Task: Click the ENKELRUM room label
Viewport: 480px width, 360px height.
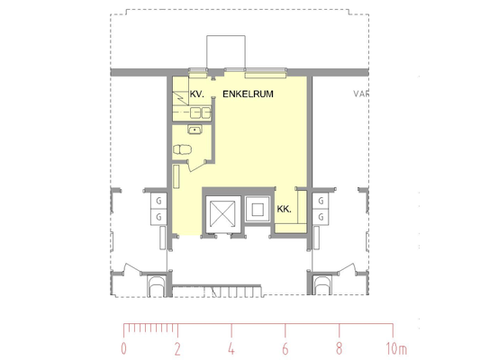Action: pyautogui.click(x=248, y=94)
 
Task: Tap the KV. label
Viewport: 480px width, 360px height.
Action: pyautogui.click(x=197, y=94)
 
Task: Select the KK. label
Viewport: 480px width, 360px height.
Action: pyautogui.click(x=284, y=209)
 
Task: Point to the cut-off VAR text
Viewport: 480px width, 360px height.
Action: pyautogui.click(x=361, y=94)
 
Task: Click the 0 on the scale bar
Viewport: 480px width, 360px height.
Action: pyautogui.click(x=123, y=348)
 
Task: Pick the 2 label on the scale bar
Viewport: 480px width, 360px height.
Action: pyautogui.click(x=177, y=348)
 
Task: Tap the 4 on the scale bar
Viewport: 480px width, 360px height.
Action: pyautogui.click(x=231, y=348)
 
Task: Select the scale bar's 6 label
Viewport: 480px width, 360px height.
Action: pyautogui.click(x=285, y=348)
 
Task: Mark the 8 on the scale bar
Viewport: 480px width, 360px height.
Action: pyautogui.click(x=340, y=348)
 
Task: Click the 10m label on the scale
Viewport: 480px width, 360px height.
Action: pyautogui.click(x=396, y=348)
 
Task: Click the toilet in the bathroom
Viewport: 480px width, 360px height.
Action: pyautogui.click(x=183, y=149)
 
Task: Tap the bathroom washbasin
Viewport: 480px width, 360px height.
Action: pyautogui.click(x=195, y=130)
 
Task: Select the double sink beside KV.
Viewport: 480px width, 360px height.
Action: pyautogui.click(x=201, y=112)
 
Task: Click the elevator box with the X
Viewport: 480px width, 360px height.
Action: pyautogui.click(x=222, y=215)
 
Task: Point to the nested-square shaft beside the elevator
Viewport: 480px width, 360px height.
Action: pyautogui.click(x=258, y=209)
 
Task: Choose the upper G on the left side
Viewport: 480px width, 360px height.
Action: pyautogui.click(x=158, y=201)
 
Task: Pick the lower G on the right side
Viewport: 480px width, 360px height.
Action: pyautogui.click(x=321, y=217)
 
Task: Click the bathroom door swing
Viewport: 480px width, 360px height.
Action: pyautogui.click(x=196, y=166)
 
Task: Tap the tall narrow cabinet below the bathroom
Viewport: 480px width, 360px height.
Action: pyautogui.click(x=177, y=176)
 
